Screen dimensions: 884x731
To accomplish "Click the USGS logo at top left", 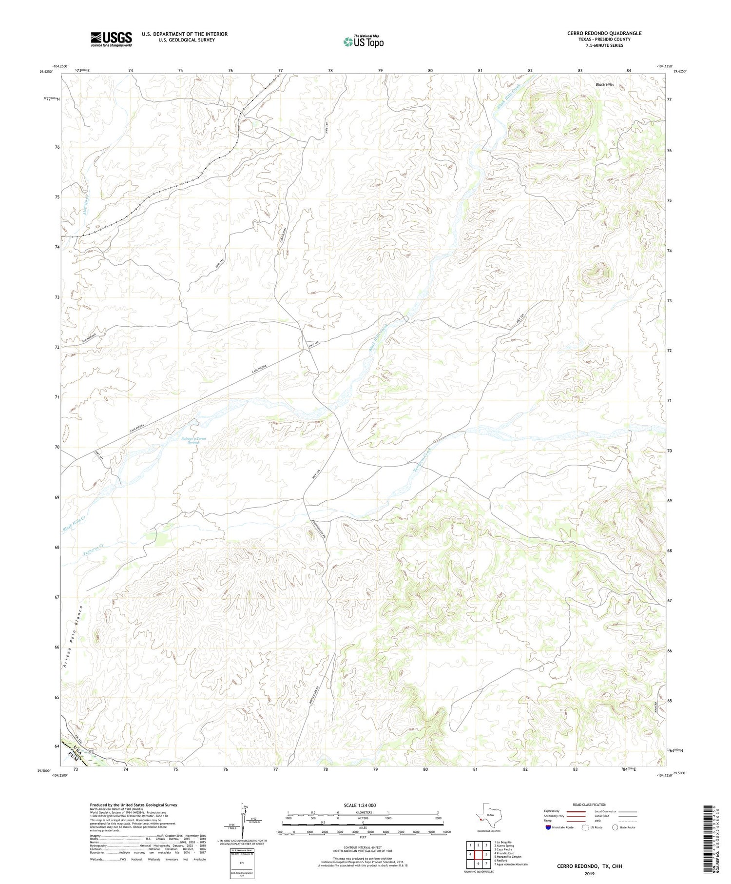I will [x=111, y=39].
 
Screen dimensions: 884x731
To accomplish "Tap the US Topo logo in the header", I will [x=364, y=41].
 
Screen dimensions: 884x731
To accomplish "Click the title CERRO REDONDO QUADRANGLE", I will [x=604, y=33].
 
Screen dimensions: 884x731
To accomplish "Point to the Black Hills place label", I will [x=605, y=85].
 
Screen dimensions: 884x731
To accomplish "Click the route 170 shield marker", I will [x=90, y=752].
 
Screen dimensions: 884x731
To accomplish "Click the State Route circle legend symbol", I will [x=616, y=827].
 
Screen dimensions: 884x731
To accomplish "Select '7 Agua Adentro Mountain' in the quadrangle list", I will [x=511, y=864].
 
